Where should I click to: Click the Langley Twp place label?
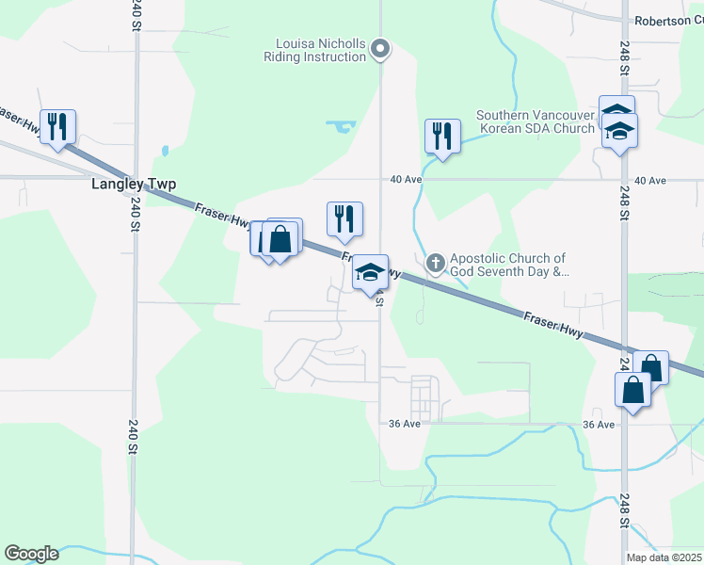pyautogui.click(x=134, y=184)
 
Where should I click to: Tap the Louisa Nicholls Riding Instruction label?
pyautogui.click(x=320, y=50)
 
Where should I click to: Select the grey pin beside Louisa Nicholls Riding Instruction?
pyautogui.click(x=380, y=48)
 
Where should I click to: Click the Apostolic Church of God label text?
pyautogui.click(x=508, y=265)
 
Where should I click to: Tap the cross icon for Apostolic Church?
pyautogui.click(x=435, y=264)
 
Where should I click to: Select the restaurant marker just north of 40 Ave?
pyautogui.click(x=441, y=136)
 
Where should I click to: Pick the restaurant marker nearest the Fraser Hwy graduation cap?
pyautogui.click(x=345, y=218)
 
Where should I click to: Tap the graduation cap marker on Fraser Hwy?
pyautogui.click(x=371, y=273)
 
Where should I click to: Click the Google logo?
pyautogui.click(x=31, y=554)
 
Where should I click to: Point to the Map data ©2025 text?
pyautogui.click(x=664, y=557)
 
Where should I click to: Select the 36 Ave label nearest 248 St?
pyautogui.click(x=598, y=425)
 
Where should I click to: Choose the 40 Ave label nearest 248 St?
pyautogui.click(x=650, y=180)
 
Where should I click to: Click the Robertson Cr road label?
pyautogui.click(x=667, y=21)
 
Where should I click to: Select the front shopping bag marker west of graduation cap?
pyautogui.click(x=280, y=238)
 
